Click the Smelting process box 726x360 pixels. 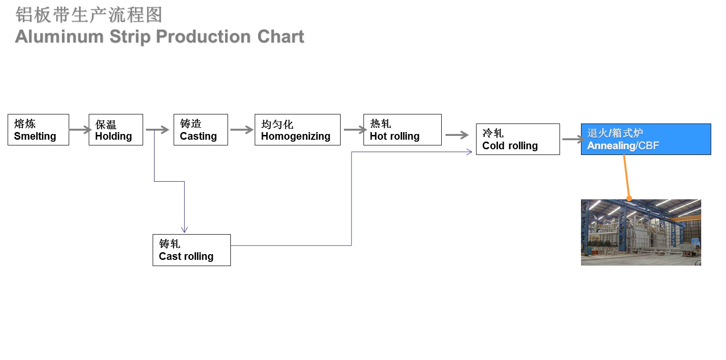(x=38, y=130)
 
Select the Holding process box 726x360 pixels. (x=116, y=130)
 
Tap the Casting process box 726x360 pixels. (x=201, y=130)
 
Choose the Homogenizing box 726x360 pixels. (x=298, y=130)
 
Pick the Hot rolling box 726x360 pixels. (x=402, y=130)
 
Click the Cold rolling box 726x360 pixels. (x=518, y=139)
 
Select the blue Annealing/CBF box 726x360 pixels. (x=646, y=139)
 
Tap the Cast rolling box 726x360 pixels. (x=192, y=250)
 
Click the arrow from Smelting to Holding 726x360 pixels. (x=81, y=130)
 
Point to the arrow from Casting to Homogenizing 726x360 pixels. (x=242, y=130)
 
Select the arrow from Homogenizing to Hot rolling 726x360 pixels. (x=355, y=130)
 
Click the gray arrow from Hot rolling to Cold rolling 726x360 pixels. (x=457, y=135)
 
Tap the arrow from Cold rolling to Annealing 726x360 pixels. (x=574, y=139)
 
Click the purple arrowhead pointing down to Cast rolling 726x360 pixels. (x=185, y=230)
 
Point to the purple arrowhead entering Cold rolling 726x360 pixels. (x=469, y=152)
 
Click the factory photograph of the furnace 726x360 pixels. (x=641, y=232)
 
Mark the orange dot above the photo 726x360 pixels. (x=629, y=198)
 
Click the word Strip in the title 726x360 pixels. (x=130, y=37)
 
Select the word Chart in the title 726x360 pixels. (x=280, y=36)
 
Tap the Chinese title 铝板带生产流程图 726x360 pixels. (x=89, y=15)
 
